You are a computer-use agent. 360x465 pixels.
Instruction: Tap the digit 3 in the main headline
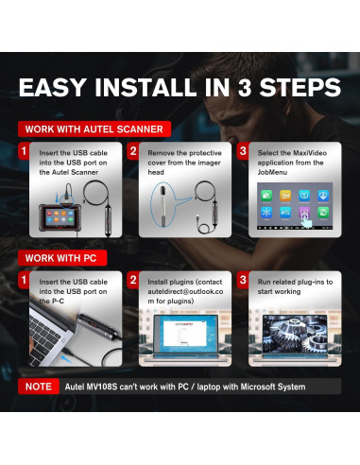click(x=245, y=87)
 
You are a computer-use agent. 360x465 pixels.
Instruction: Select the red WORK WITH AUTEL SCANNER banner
click(x=94, y=129)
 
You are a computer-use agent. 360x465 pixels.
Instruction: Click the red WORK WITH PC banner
click(x=62, y=258)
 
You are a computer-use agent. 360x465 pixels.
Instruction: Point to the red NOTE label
click(x=39, y=387)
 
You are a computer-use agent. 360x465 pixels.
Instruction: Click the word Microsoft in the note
click(x=258, y=387)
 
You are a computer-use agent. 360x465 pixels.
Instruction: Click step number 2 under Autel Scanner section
click(x=133, y=151)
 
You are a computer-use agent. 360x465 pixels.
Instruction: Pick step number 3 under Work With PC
click(x=243, y=280)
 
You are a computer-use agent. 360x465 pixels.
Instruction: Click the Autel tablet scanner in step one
click(x=60, y=218)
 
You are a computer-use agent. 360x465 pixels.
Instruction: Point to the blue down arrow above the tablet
click(x=57, y=198)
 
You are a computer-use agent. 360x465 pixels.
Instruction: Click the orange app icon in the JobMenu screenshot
click(x=285, y=196)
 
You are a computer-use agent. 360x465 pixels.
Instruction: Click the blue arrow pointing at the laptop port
click(x=66, y=358)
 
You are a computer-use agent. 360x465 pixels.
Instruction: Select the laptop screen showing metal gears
click(x=295, y=334)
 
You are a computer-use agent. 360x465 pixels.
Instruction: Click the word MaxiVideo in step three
click(x=310, y=153)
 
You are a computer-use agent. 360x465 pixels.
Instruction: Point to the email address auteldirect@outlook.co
click(x=185, y=291)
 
